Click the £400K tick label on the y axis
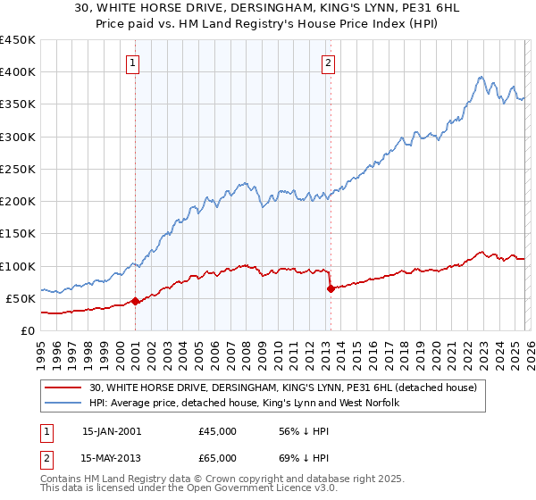coord(18,72)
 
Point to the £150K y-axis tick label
coord(18,234)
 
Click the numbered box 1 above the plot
coord(133,62)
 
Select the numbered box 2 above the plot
coord(328,62)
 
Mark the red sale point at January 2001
coord(136,301)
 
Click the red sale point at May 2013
coord(331,288)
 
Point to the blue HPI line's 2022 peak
coord(481,77)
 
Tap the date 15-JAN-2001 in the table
coord(111,431)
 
